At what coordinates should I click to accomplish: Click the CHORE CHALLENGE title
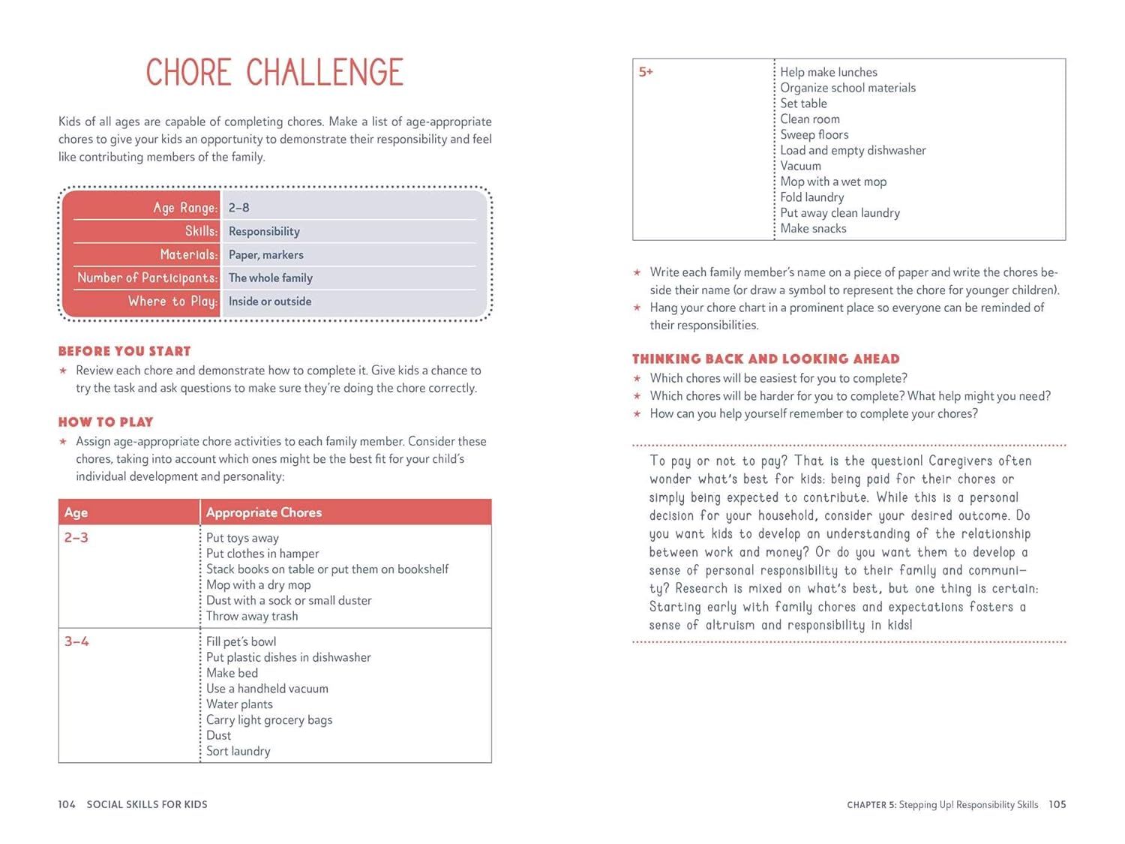point(274,73)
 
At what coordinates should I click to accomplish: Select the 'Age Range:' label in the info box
point(185,208)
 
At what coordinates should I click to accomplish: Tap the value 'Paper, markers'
point(266,255)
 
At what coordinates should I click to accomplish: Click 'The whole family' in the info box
point(271,278)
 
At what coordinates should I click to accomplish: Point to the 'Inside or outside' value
point(270,302)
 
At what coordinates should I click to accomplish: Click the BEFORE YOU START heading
point(124,351)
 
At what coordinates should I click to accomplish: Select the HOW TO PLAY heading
point(106,422)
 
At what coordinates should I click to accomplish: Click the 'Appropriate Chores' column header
point(264,512)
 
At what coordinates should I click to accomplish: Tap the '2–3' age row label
point(76,538)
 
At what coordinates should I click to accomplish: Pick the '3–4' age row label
point(76,641)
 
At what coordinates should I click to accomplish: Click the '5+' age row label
point(646,72)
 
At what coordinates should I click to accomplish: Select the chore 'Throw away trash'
point(252,616)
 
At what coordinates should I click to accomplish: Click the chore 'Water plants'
point(239,704)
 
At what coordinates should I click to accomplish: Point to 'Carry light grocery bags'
point(269,720)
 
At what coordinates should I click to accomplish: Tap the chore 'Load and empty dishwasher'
point(853,150)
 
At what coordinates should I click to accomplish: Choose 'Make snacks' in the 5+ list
point(813,229)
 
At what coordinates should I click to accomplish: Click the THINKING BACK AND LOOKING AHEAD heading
point(766,359)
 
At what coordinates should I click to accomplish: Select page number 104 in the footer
point(67,804)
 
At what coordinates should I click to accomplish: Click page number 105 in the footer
point(1057,804)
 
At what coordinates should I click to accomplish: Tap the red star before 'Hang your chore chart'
point(637,308)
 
